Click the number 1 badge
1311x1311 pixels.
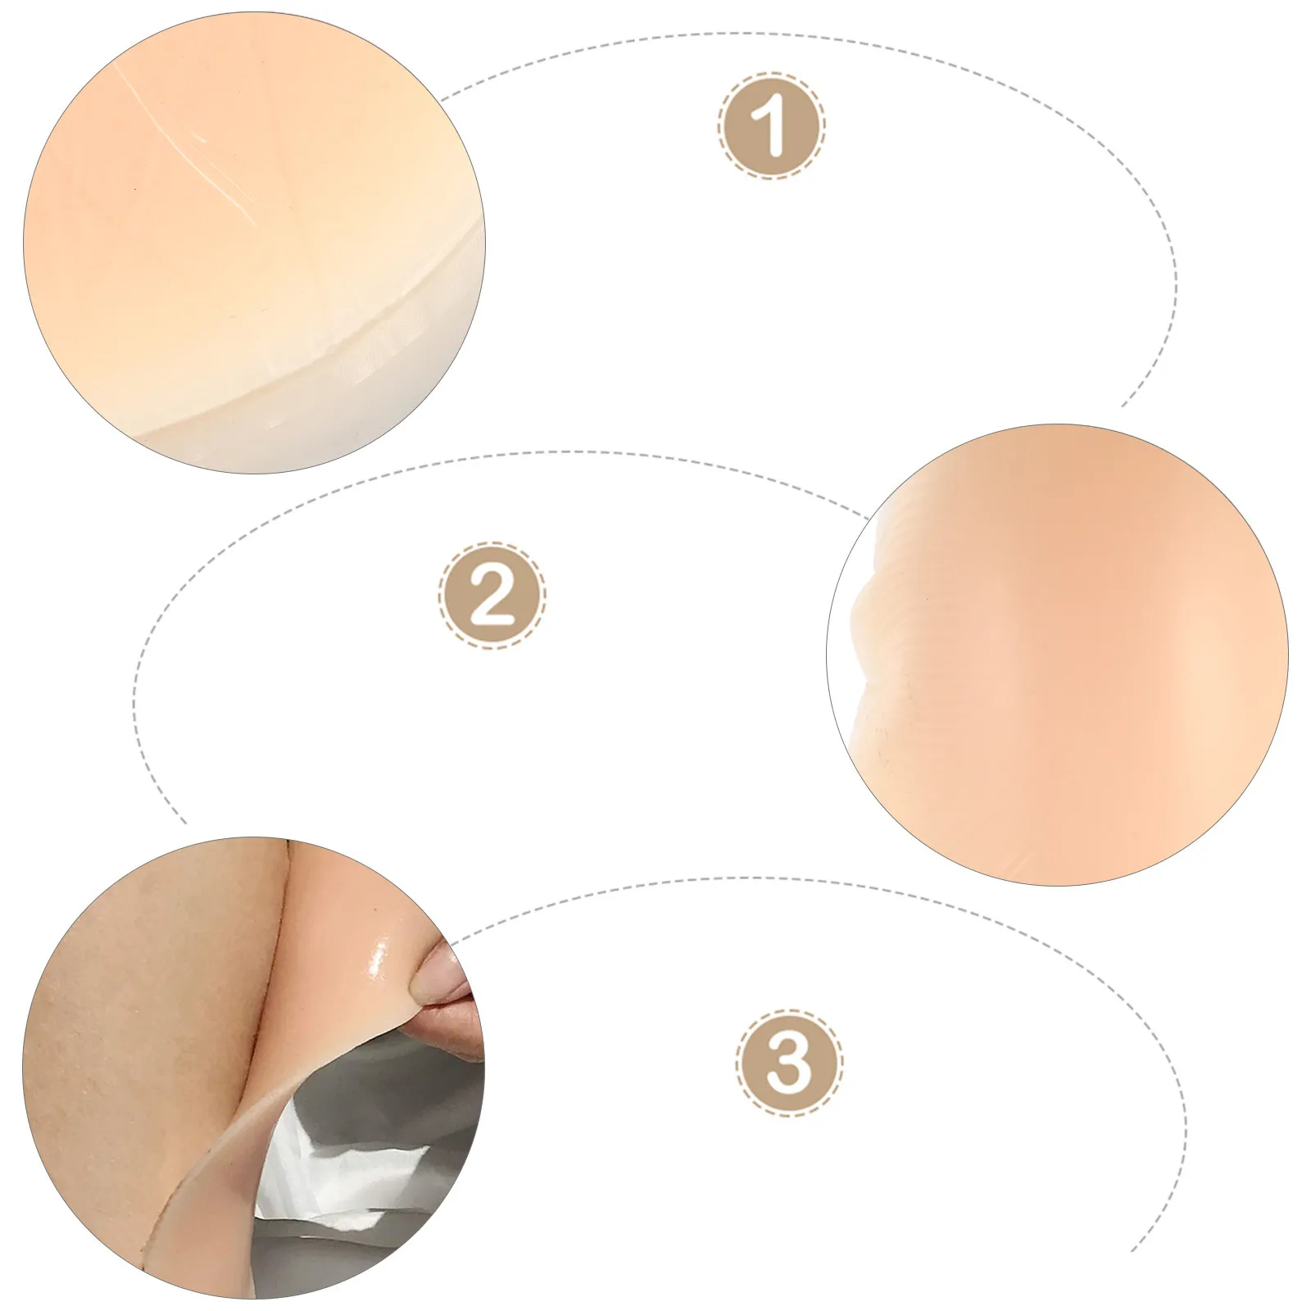point(771,125)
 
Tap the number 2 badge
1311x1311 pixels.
point(492,594)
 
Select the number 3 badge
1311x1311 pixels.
point(788,1064)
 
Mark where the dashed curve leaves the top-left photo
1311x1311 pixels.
point(442,99)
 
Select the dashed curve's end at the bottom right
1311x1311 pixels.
point(1134,1249)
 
